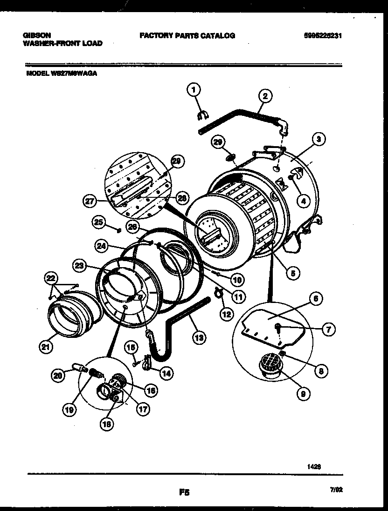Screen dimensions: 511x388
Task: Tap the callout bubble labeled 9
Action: coord(304,393)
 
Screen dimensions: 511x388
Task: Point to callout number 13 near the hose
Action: coord(199,338)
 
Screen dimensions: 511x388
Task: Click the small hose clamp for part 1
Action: coord(203,114)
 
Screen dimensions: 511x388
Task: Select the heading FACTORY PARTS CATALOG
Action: coord(187,35)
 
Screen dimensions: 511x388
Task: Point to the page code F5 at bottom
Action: coord(184,491)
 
